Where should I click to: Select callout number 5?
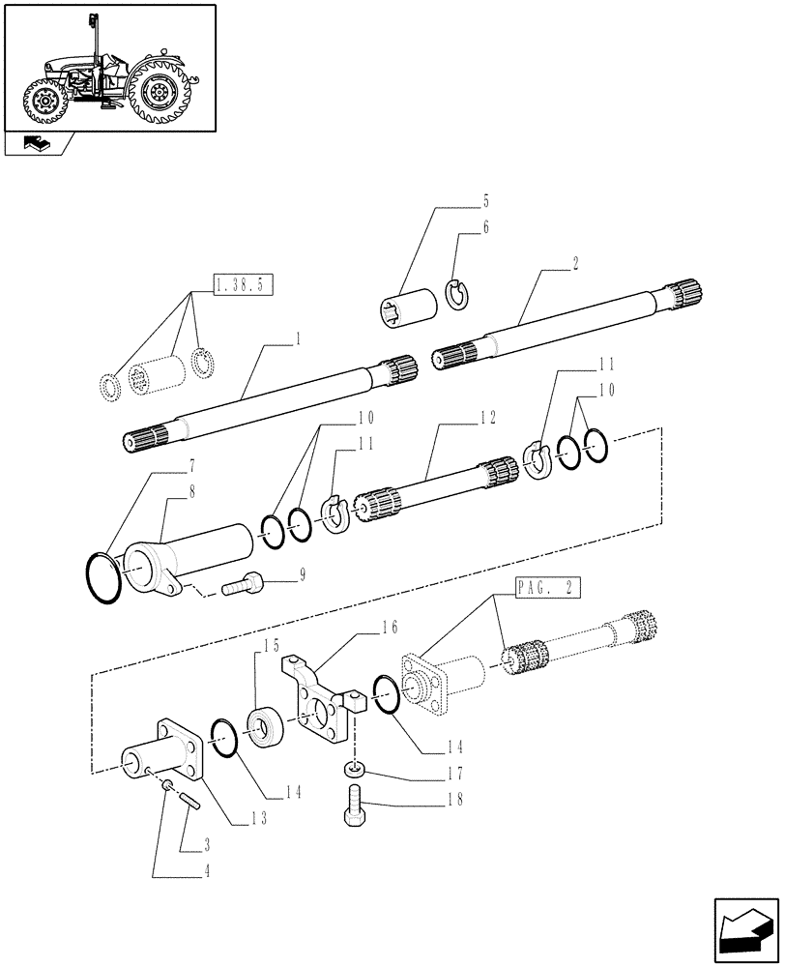coord(486,202)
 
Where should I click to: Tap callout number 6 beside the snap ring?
coord(486,228)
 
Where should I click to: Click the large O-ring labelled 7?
coord(100,578)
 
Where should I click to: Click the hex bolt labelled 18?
coord(356,805)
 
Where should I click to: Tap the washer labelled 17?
coord(355,769)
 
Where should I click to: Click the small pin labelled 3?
coord(185,799)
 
